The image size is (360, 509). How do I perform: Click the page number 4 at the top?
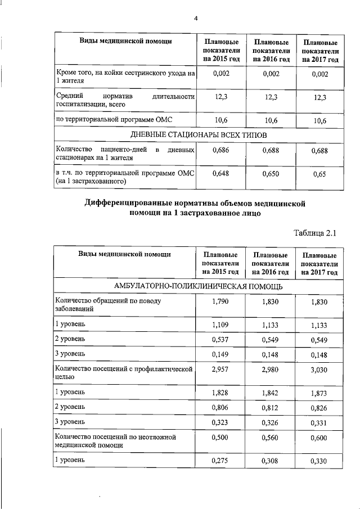tap(196, 18)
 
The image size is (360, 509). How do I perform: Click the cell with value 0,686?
tap(220, 151)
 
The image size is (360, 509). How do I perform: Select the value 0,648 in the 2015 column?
tap(220, 174)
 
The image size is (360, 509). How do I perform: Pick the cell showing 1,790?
tap(220, 302)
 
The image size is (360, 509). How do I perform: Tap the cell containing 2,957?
tap(220, 370)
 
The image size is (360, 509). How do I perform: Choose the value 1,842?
tap(271, 391)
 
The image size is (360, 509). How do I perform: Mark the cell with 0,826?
tap(319, 407)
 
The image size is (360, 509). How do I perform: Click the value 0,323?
tap(220, 421)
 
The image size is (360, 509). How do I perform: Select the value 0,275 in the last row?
tap(220, 461)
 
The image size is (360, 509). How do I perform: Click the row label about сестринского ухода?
tap(124, 78)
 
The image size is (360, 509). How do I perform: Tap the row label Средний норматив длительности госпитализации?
tap(124, 100)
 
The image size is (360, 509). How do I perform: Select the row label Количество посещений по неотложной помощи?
tap(124, 440)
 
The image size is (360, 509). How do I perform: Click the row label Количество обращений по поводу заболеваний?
tap(124, 305)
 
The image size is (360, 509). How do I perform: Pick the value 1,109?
tap(220, 325)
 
